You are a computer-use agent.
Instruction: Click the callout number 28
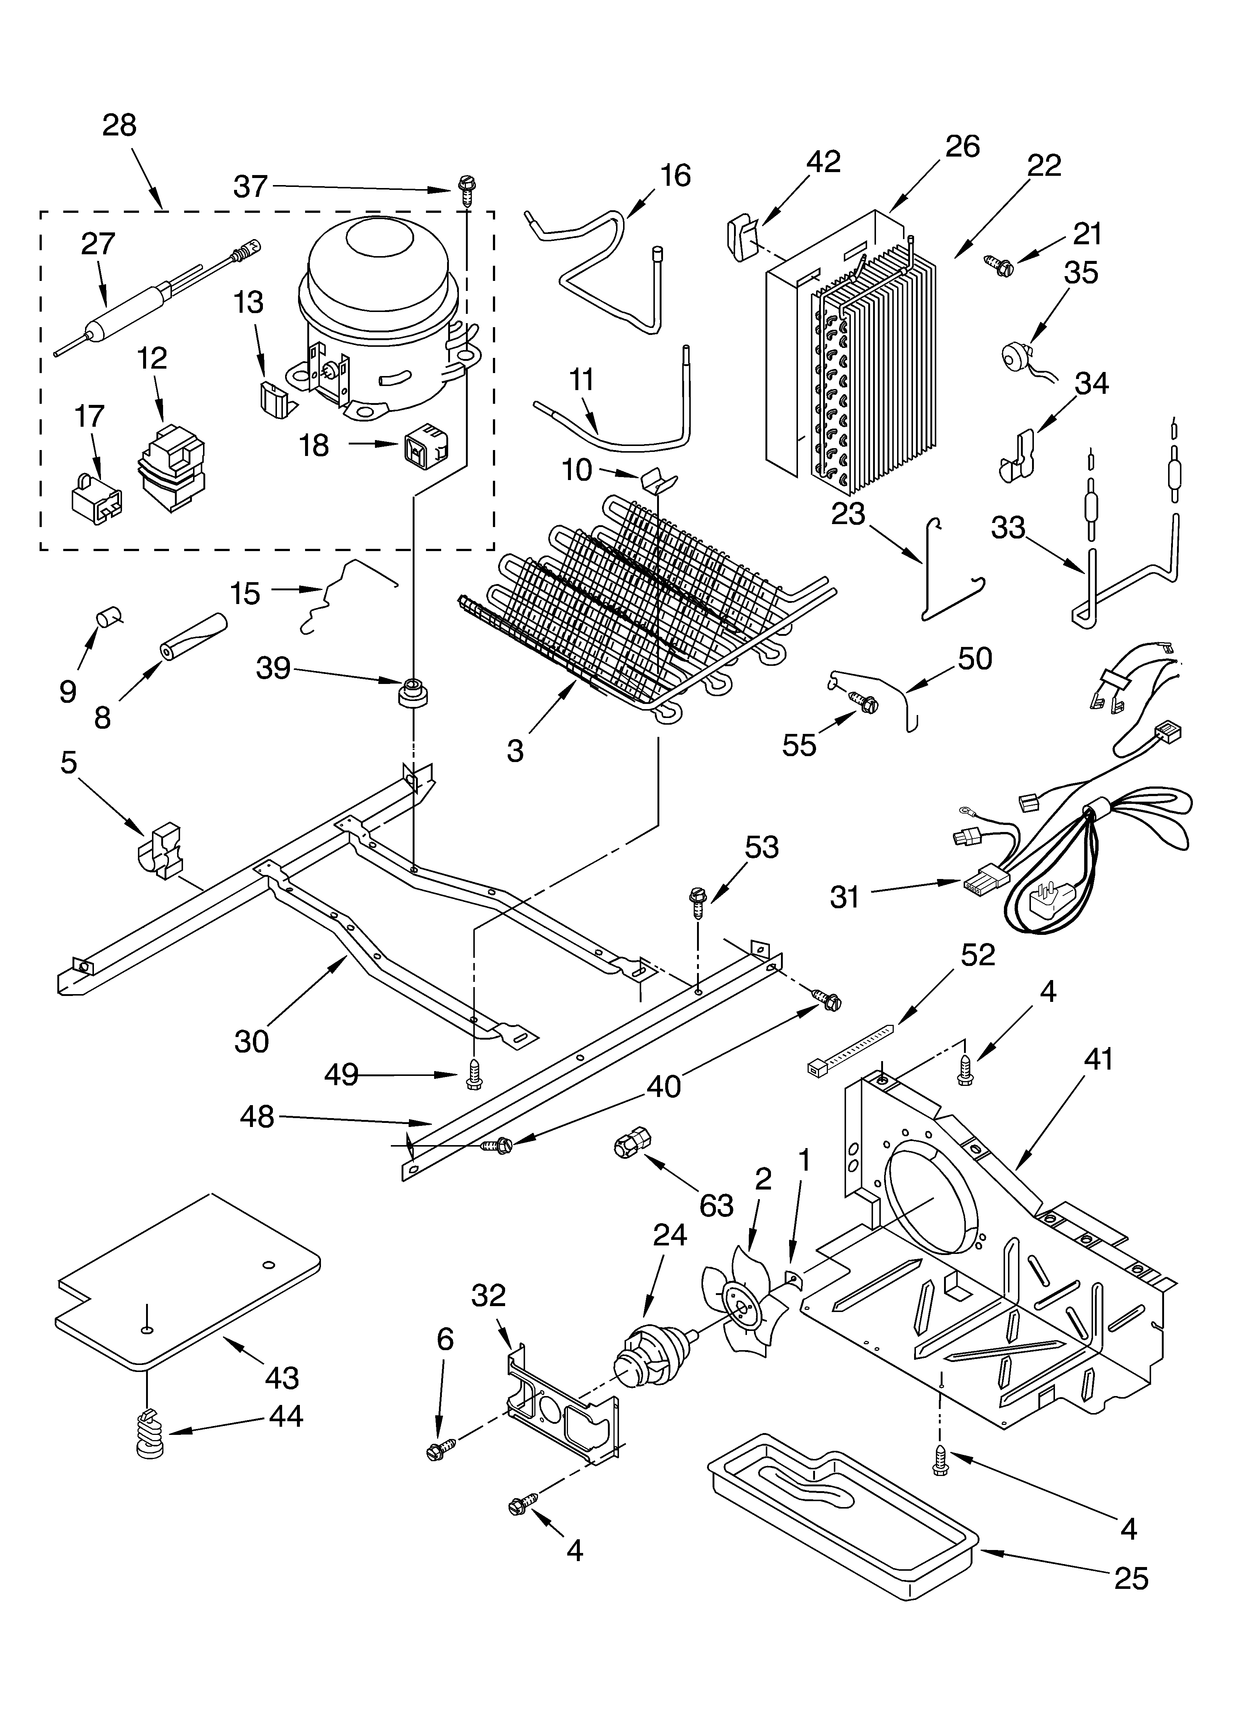(119, 125)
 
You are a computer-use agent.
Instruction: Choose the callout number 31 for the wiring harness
(845, 897)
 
